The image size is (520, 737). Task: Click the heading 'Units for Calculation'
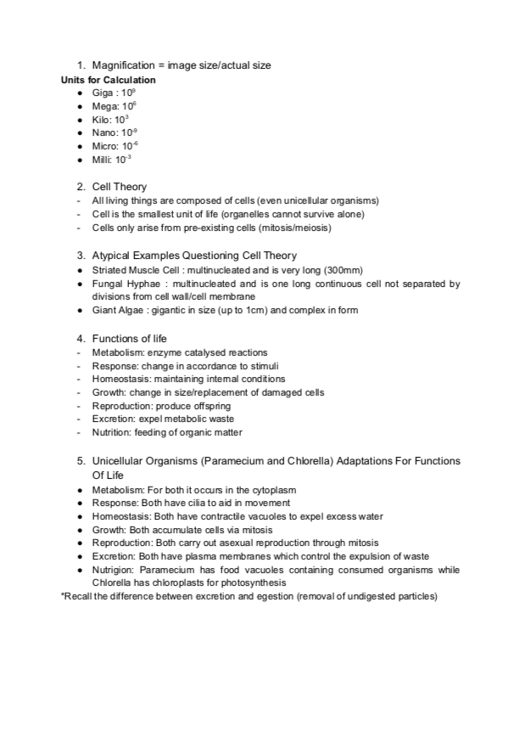click(x=108, y=80)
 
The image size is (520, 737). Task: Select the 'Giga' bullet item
click(x=109, y=93)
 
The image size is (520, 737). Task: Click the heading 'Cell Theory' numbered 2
click(x=119, y=186)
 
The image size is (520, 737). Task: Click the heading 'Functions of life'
click(x=130, y=338)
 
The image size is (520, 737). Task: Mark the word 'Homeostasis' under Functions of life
click(x=118, y=379)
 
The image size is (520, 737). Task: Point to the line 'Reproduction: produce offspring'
click(x=161, y=406)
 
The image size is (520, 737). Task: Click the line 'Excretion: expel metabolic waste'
click(x=163, y=419)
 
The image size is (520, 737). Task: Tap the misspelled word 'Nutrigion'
click(x=112, y=570)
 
